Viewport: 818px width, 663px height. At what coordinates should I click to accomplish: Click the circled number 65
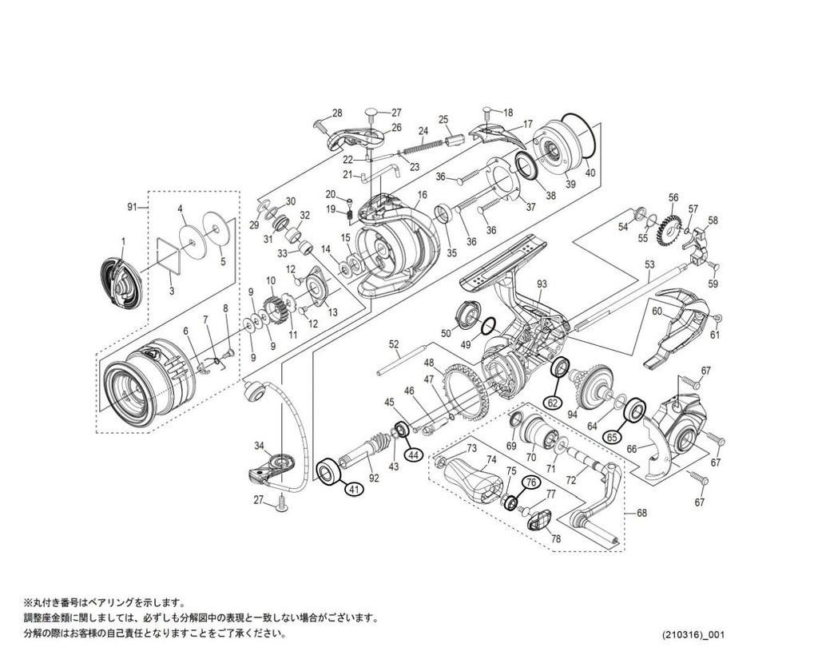pos(611,437)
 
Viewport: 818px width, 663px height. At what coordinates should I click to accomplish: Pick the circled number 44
pos(412,454)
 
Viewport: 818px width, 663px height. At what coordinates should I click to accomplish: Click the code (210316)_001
pos(692,635)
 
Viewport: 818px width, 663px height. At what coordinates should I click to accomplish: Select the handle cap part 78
pos(540,523)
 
